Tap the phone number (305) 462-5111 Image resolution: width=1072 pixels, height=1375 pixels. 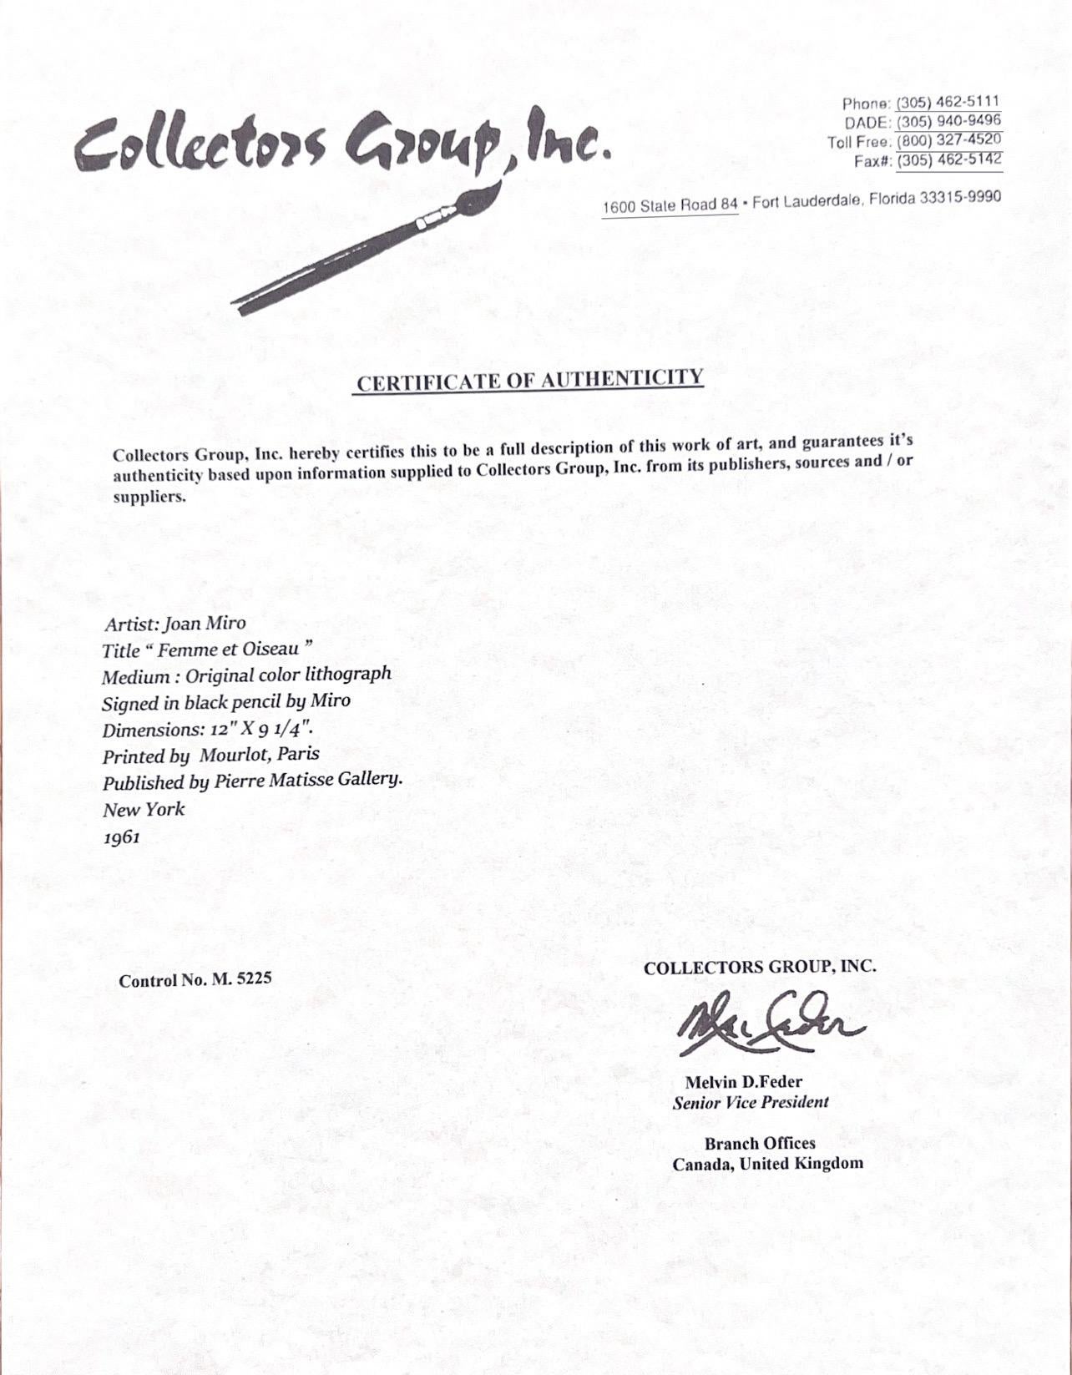point(948,103)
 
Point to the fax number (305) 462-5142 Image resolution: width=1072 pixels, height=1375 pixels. point(949,160)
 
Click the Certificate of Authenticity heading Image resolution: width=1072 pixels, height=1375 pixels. point(530,380)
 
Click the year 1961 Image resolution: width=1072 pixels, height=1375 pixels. point(122,836)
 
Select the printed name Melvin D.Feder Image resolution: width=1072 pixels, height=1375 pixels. point(744,1082)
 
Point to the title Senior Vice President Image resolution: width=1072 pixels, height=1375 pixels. point(751,1103)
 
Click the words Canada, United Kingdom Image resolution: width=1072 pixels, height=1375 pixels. point(767,1164)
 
